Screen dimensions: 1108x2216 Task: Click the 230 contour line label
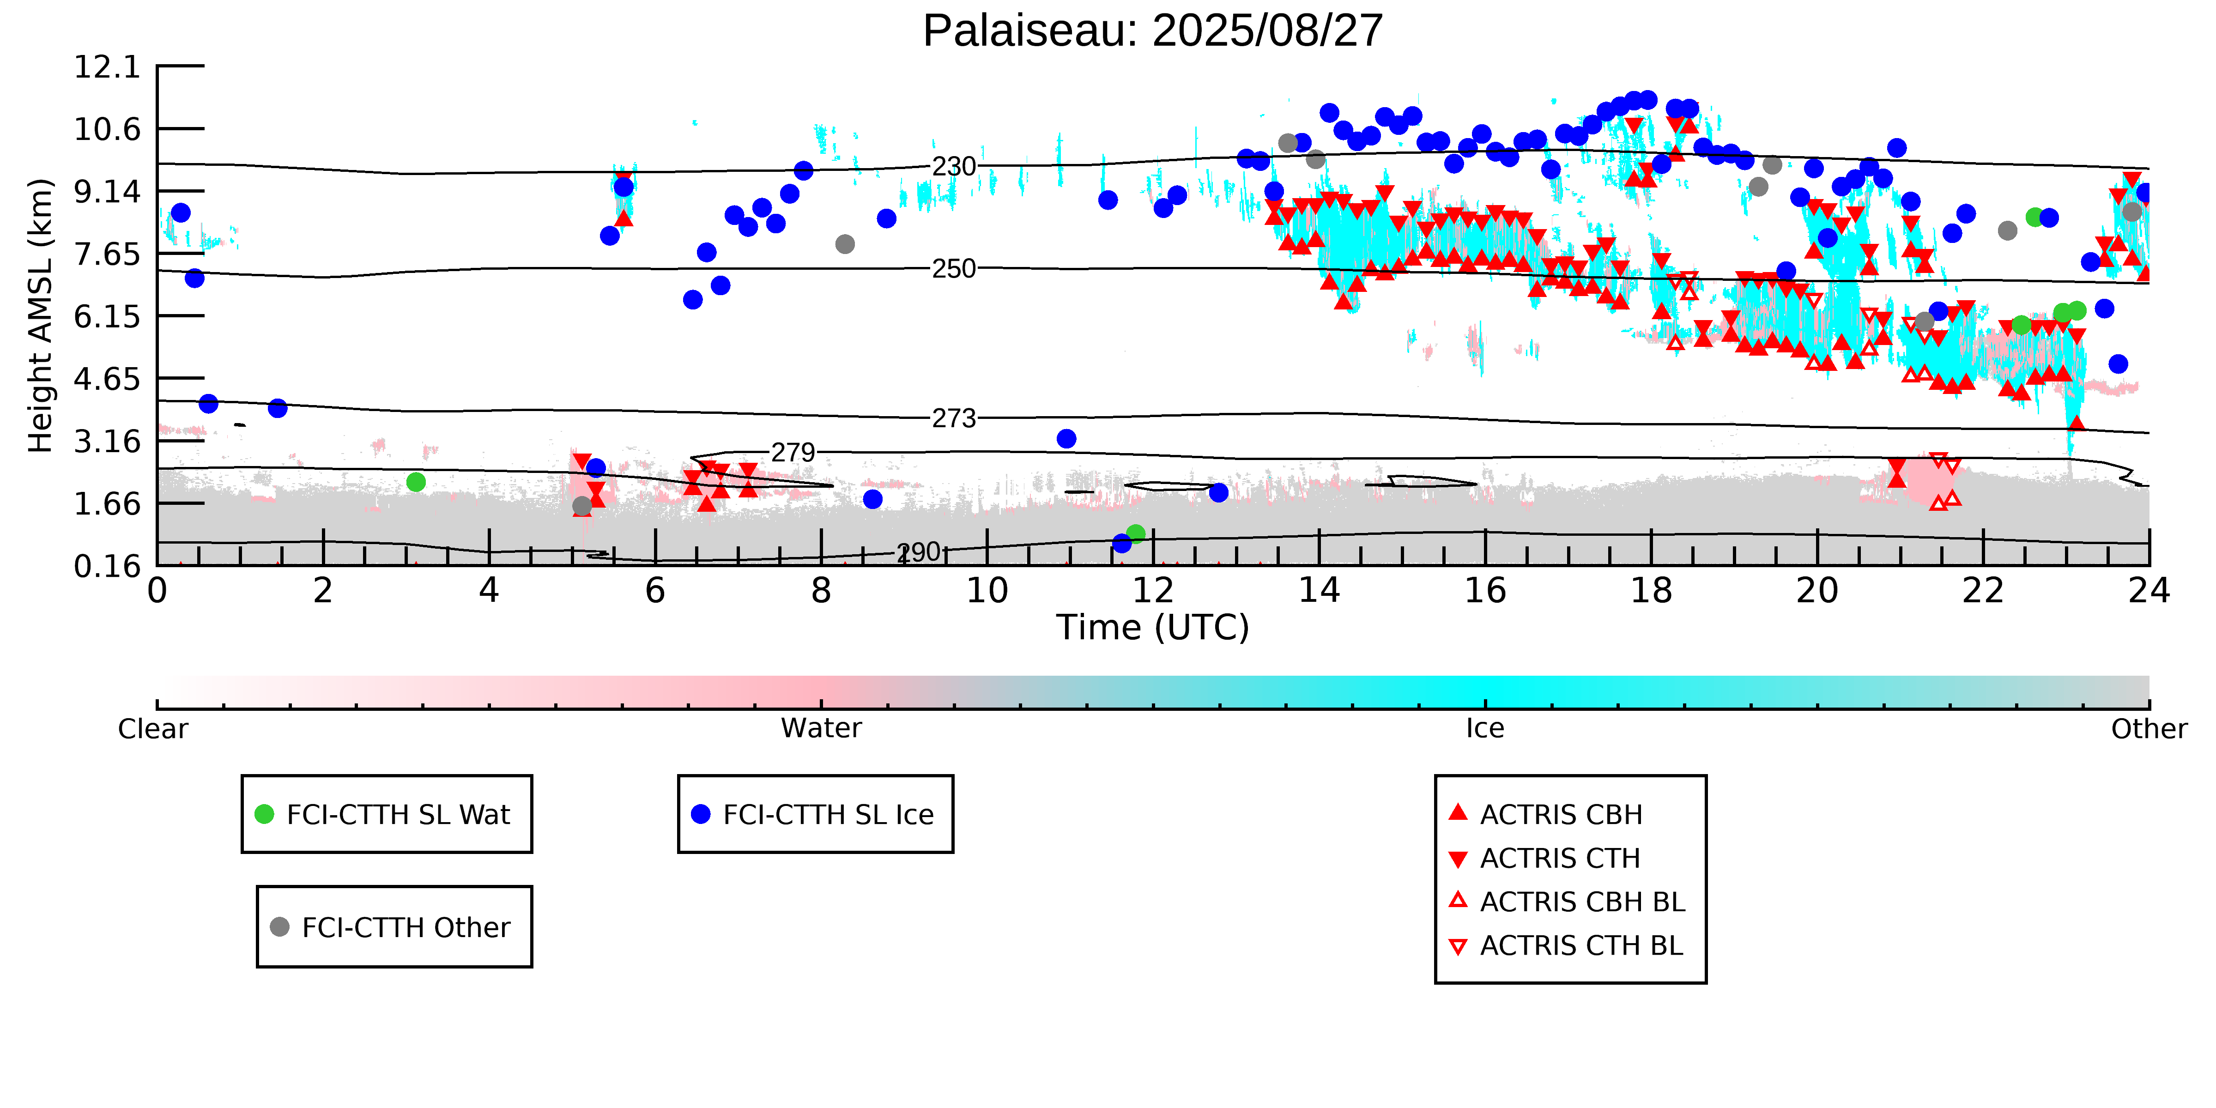pos(954,166)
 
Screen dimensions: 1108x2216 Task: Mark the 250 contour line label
pos(954,268)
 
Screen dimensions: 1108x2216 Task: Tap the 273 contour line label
pos(954,418)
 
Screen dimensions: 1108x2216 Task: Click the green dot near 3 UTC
pos(416,482)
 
